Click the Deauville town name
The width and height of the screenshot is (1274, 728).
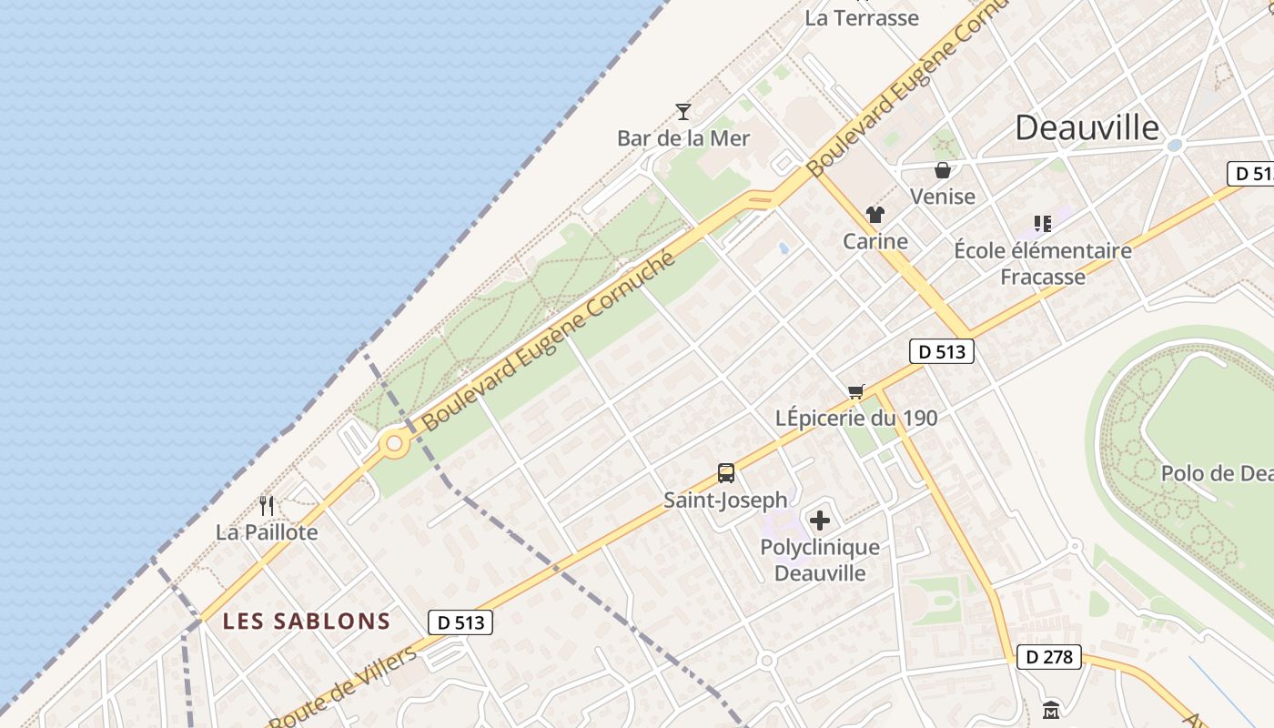click(x=1087, y=128)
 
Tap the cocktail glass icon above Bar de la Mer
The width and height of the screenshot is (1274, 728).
click(x=683, y=112)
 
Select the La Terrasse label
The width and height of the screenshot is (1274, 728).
click(x=862, y=17)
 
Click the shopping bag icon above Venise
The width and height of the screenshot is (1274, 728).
click(x=943, y=170)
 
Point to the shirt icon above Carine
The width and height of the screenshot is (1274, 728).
click(x=875, y=215)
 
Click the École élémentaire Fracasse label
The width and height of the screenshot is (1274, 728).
click(x=1043, y=263)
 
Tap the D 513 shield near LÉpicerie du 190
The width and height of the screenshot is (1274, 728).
click(x=942, y=351)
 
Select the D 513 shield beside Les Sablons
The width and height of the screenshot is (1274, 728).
click(x=460, y=622)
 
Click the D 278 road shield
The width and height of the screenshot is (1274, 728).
click(x=1048, y=657)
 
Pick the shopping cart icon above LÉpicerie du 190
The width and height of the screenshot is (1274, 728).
click(x=855, y=392)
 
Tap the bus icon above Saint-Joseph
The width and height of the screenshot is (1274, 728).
click(x=726, y=473)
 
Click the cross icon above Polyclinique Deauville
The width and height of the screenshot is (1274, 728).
click(x=820, y=521)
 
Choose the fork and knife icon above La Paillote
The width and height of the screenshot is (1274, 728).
click(x=267, y=506)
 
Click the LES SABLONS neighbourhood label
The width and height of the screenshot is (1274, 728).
click(x=307, y=622)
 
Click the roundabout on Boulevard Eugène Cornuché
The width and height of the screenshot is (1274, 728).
click(x=394, y=445)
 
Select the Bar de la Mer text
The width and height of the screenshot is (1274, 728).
click(x=683, y=138)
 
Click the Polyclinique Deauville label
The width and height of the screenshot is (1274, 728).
click(x=820, y=560)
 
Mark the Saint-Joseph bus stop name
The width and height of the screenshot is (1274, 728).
click(x=725, y=500)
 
